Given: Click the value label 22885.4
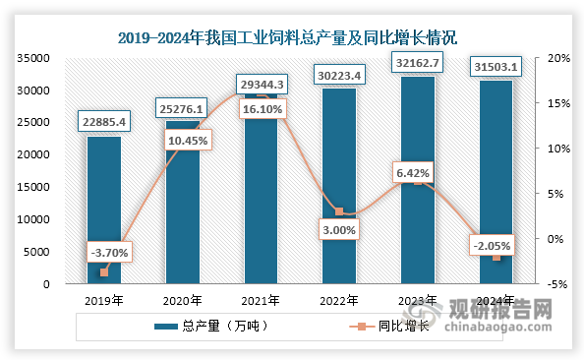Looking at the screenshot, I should point(104,122).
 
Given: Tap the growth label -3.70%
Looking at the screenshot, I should point(104,253).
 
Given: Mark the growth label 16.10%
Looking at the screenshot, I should point(261,113).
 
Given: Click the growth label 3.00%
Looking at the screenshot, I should point(339,229).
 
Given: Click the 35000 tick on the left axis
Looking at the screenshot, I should point(33,58).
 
